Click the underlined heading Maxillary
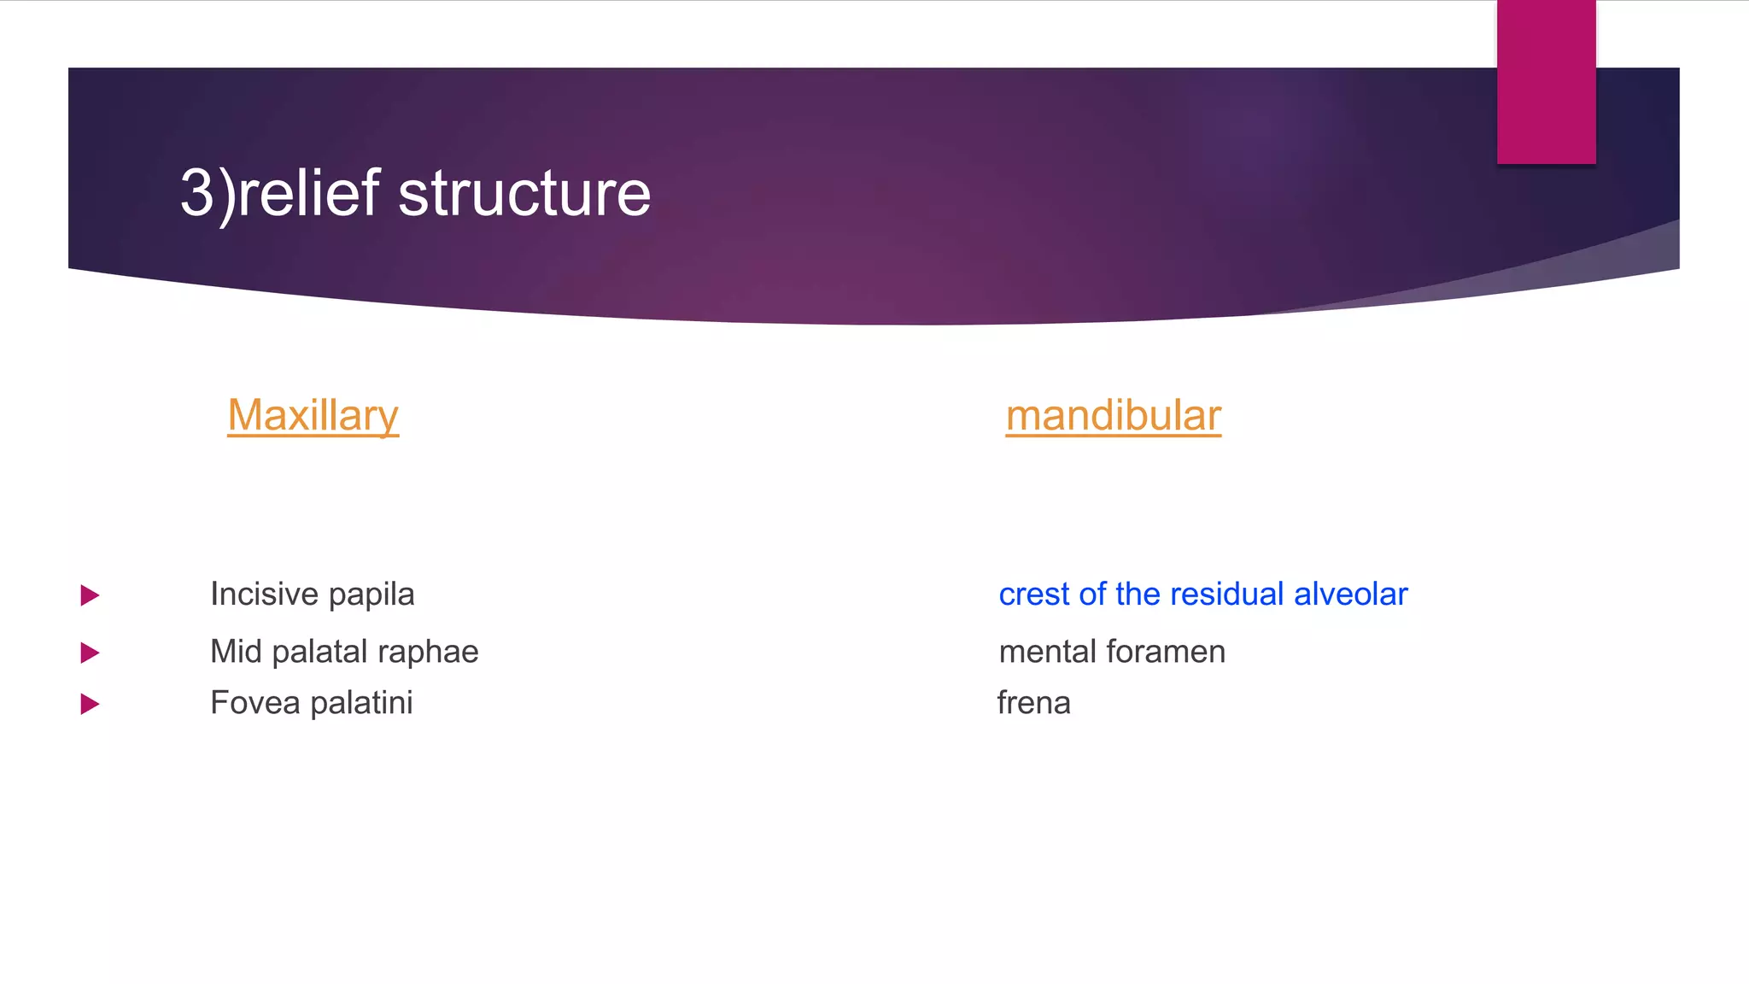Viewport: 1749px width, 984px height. click(x=313, y=416)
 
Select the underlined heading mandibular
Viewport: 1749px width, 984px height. click(x=1113, y=416)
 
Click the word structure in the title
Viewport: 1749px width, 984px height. click(x=524, y=193)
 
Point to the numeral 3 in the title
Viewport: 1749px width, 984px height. click(x=196, y=193)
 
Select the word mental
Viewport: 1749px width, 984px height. click(x=1047, y=652)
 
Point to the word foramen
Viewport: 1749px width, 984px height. click(x=1166, y=652)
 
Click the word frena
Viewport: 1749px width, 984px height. click(x=1033, y=703)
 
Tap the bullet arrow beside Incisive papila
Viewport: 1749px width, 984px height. click(x=90, y=595)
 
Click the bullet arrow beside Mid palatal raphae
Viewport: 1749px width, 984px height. click(x=90, y=653)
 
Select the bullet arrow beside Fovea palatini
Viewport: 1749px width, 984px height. click(x=90, y=705)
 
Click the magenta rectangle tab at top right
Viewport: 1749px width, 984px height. click(x=1546, y=82)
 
